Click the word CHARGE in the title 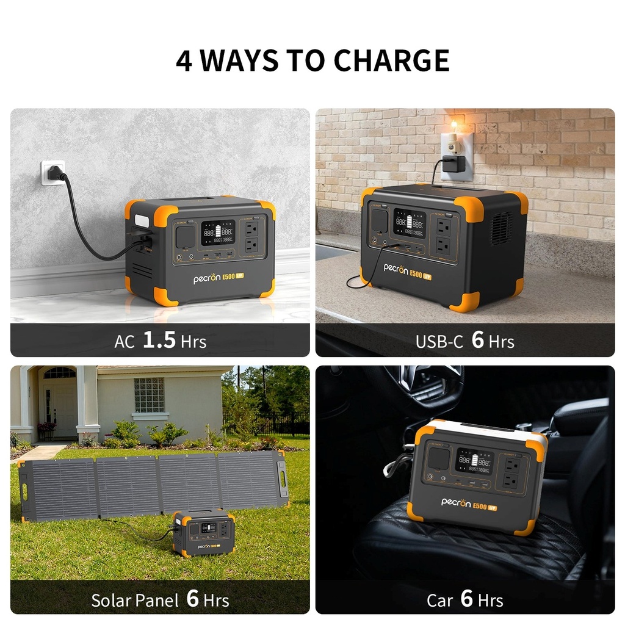pyautogui.click(x=391, y=60)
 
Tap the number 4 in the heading pyautogui.click(x=183, y=60)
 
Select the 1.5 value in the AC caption pyautogui.click(x=159, y=341)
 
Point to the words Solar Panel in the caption pyautogui.click(x=135, y=600)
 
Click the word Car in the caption pyautogui.click(x=439, y=600)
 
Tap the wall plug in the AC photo pyautogui.click(x=54, y=173)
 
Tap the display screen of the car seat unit pyautogui.click(x=475, y=461)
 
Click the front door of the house pyautogui.click(x=60, y=403)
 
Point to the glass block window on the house pyautogui.click(x=150, y=395)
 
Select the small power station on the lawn pyautogui.click(x=203, y=533)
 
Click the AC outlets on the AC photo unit pyautogui.click(x=251, y=236)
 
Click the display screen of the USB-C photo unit pyautogui.click(x=409, y=223)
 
